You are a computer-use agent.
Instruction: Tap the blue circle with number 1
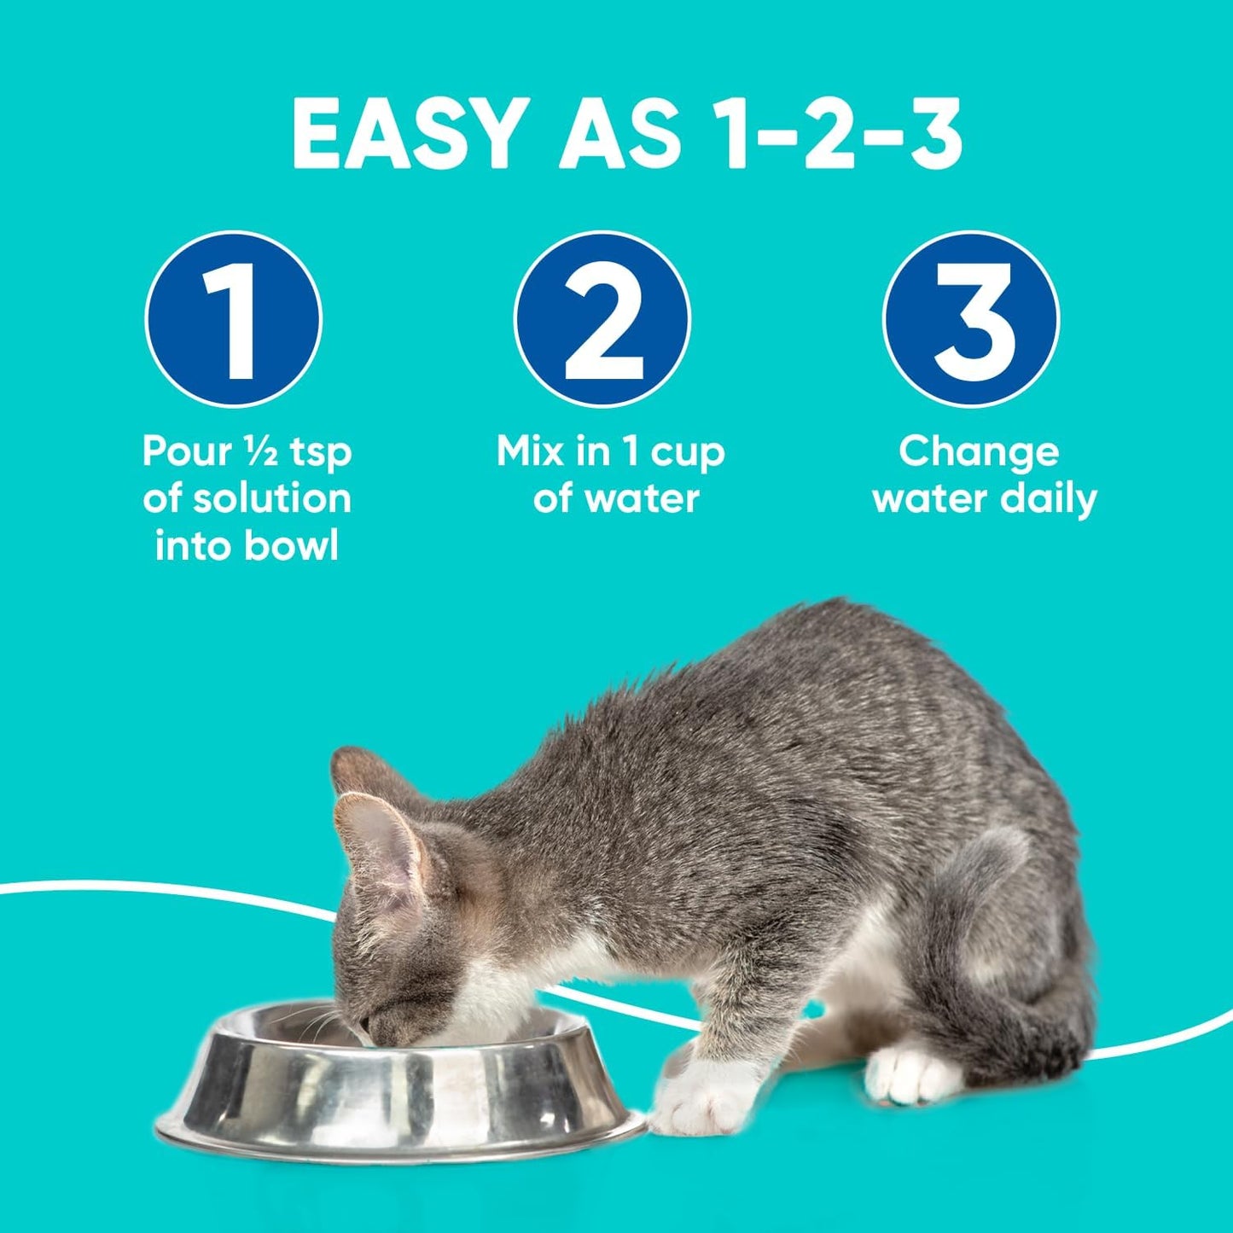click(x=234, y=319)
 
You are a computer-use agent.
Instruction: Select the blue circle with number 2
click(x=602, y=319)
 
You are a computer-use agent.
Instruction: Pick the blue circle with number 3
click(x=971, y=319)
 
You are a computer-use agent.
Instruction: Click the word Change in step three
click(x=979, y=452)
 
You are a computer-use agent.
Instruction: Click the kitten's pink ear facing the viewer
click(x=381, y=840)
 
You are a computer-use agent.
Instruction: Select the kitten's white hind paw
click(x=909, y=1075)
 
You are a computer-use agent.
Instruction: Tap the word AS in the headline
click(x=619, y=135)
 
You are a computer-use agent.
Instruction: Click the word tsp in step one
click(x=320, y=452)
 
